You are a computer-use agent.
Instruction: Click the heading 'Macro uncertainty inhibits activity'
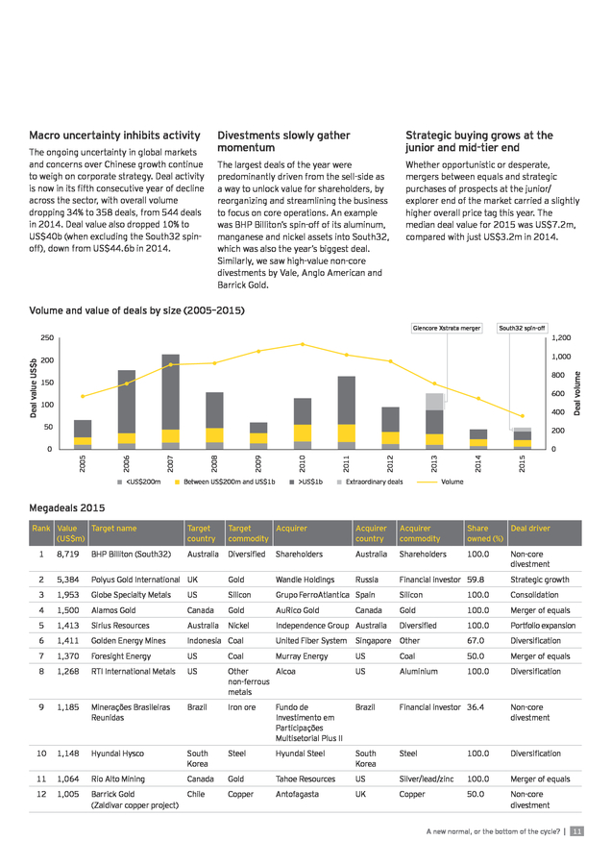(x=114, y=136)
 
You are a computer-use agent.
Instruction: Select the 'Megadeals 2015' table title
(x=66, y=507)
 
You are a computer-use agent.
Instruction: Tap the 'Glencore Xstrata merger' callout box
(x=447, y=329)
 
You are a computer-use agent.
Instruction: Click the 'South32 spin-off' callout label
(x=522, y=329)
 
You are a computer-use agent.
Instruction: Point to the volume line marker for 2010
(x=303, y=344)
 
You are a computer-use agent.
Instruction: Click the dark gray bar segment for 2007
(x=170, y=392)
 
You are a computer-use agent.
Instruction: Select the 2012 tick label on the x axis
(x=390, y=463)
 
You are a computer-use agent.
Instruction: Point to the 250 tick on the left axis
(x=47, y=337)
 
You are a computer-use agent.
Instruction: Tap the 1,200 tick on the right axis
(x=561, y=337)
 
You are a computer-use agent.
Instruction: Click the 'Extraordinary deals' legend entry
(x=370, y=482)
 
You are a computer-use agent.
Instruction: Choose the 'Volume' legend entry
(x=440, y=482)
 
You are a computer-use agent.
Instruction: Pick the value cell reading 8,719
(x=68, y=554)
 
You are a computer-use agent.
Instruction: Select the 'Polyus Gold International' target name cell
(x=135, y=580)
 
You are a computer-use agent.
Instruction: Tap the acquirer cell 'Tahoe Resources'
(x=305, y=778)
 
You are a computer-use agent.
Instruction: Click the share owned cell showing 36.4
(x=476, y=707)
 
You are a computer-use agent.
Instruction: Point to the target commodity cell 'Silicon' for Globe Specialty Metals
(x=239, y=595)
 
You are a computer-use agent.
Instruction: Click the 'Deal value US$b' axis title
(x=34, y=388)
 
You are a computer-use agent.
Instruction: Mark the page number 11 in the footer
(x=576, y=831)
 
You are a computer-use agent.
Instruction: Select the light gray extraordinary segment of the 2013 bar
(x=434, y=402)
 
